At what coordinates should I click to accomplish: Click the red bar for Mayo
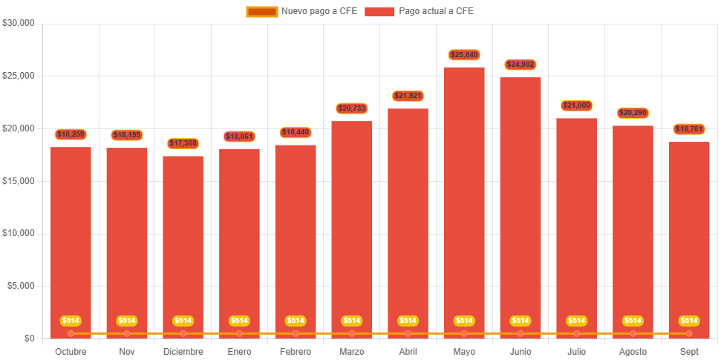pyautogui.click(x=464, y=200)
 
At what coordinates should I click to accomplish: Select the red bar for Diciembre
pyautogui.click(x=183, y=245)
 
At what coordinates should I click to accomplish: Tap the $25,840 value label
pyautogui.click(x=464, y=55)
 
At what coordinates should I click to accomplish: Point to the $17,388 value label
pyautogui.click(x=183, y=143)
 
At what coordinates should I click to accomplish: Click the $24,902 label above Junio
pyautogui.click(x=521, y=65)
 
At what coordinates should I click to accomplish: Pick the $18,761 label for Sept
pyautogui.click(x=689, y=129)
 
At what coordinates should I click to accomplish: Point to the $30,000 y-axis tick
pyautogui.click(x=19, y=23)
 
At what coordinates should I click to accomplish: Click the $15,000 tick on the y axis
pyautogui.click(x=19, y=181)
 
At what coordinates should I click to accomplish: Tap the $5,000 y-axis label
pyautogui.click(x=21, y=286)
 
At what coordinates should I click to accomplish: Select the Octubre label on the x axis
pyautogui.click(x=71, y=351)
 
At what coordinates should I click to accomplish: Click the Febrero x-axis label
pyautogui.click(x=296, y=351)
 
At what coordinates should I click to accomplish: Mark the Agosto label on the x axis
pyautogui.click(x=633, y=351)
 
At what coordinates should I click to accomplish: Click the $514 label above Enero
pyautogui.click(x=239, y=321)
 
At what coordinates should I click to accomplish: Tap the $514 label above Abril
pyautogui.click(x=408, y=321)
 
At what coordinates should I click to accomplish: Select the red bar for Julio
pyautogui.click(x=576, y=223)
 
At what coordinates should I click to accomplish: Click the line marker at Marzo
pyautogui.click(x=351, y=333)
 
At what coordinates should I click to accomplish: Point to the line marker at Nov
pyautogui.click(x=127, y=333)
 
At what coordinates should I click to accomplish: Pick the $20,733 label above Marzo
pyautogui.click(x=351, y=108)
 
